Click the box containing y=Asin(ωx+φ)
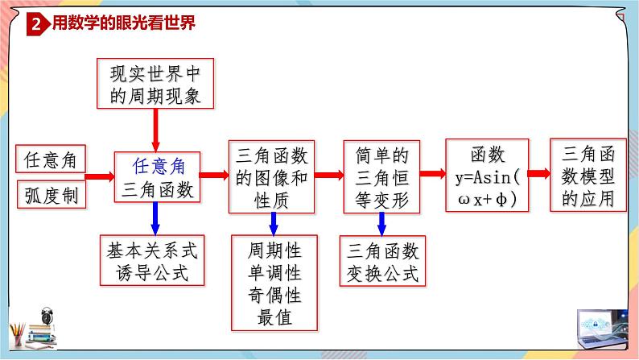click(x=486, y=176)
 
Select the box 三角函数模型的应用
click(x=587, y=176)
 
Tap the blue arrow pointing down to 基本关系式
click(x=155, y=217)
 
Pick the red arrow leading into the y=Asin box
click(x=432, y=175)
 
